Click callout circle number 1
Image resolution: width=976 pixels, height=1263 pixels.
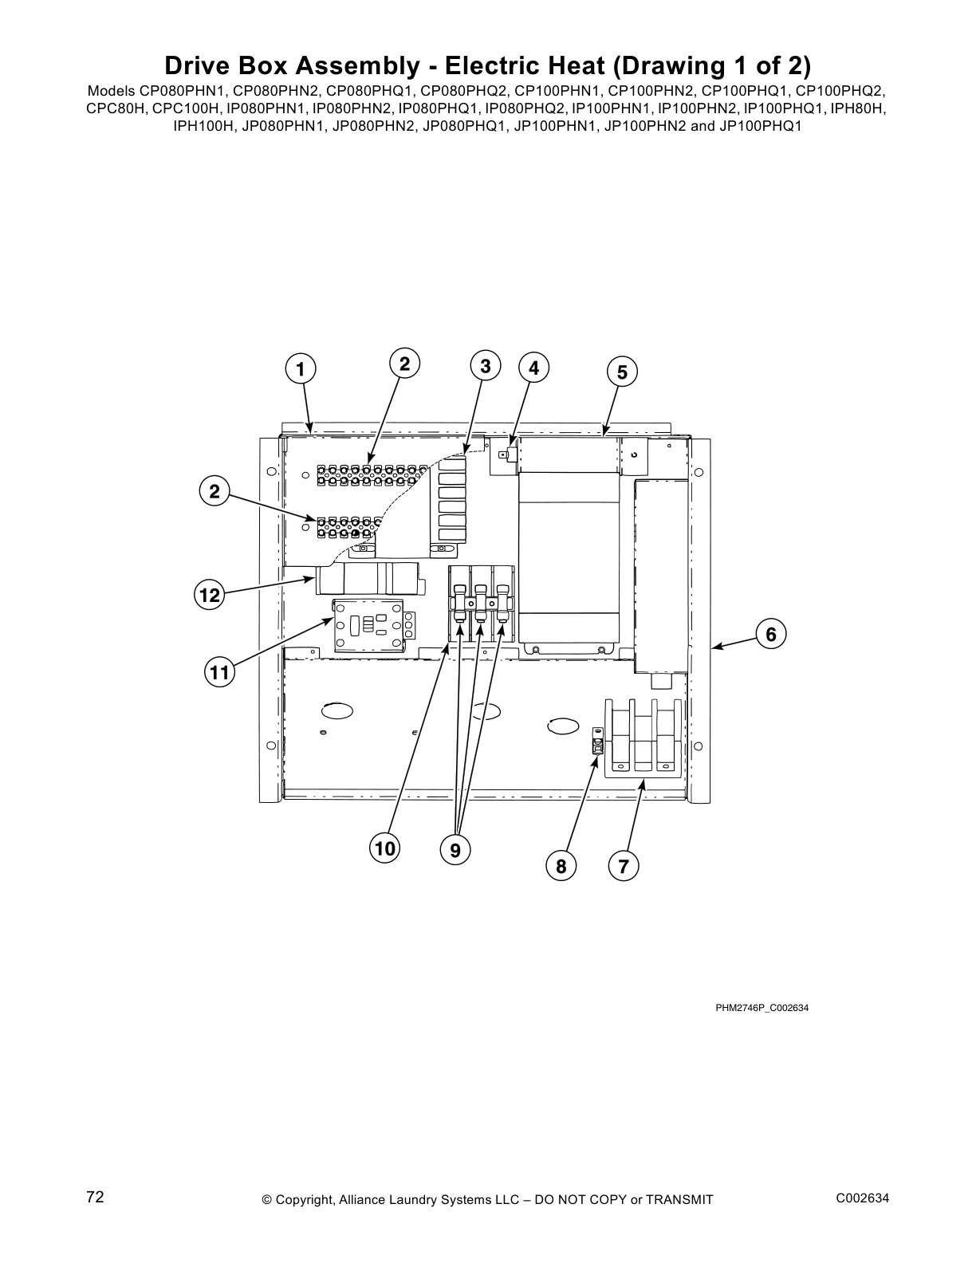tap(300, 369)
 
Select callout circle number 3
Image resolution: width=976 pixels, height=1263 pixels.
tap(486, 366)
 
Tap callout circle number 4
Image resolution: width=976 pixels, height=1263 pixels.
tap(533, 368)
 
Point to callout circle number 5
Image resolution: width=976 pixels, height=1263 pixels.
tap(622, 372)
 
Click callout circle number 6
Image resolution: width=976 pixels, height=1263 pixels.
tap(770, 634)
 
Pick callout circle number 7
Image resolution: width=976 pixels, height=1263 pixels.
tap(624, 866)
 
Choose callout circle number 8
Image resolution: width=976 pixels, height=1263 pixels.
tap(561, 866)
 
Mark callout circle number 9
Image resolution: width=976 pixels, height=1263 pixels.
tap(455, 851)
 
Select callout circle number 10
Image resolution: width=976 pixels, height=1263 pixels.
tap(385, 848)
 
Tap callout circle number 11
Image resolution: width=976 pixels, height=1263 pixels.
tap(218, 672)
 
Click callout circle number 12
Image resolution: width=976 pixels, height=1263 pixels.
tap(210, 595)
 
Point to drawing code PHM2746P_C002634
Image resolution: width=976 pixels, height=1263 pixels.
tap(762, 1008)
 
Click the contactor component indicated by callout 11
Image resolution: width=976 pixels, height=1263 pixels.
tap(372, 626)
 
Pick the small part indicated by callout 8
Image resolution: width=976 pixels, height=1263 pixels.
tap(596, 742)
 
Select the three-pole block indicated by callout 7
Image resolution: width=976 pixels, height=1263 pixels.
tap(643, 738)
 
